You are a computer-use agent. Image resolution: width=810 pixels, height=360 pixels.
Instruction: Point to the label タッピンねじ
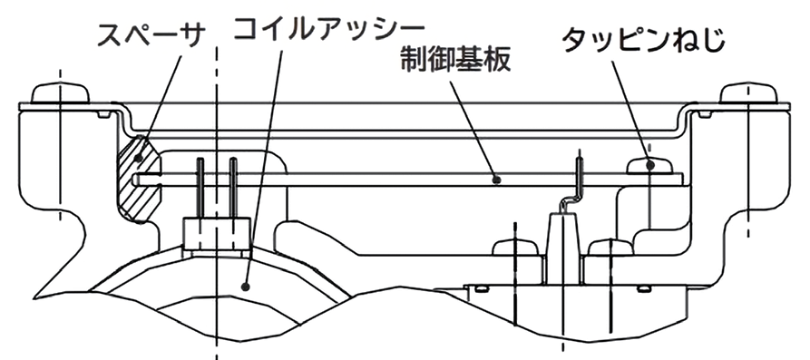(642, 39)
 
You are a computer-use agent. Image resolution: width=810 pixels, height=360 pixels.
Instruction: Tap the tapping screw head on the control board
(650, 164)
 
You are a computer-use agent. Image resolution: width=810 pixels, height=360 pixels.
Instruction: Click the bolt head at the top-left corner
(59, 93)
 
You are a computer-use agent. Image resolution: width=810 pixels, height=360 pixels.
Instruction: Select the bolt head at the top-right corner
(748, 93)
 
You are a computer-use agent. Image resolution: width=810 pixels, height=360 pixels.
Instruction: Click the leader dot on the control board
(496, 180)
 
